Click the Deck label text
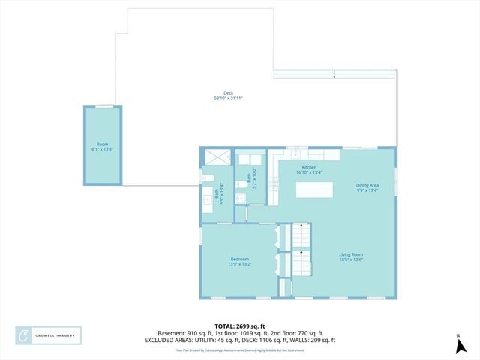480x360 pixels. pyautogui.click(x=217, y=93)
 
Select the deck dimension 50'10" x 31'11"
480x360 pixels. pyautogui.click(x=229, y=98)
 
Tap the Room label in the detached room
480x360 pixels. pyautogui.click(x=102, y=144)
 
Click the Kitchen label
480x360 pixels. pyautogui.click(x=309, y=167)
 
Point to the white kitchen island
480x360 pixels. pyautogui.click(x=315, y=190)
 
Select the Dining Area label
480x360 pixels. pyautogui.click(x=367, y=184)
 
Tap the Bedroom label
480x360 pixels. pyautogui.click(x=238, y=259)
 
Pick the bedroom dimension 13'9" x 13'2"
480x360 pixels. pyautogui.click(x=239, y=264)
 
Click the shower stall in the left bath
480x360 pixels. pyautogui.click(x=217, y=158)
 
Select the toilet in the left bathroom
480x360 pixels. pyautogui.click(x=209, y=178)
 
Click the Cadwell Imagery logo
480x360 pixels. pyautogui.click(x=49, y=335)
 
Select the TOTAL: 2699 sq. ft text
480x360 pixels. pyautogui.click(x=239, y=326)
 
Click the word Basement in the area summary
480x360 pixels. pyautogui.click(x=170, y=333)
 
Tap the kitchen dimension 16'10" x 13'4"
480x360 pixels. pyautogui.click(x=309, y=172)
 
